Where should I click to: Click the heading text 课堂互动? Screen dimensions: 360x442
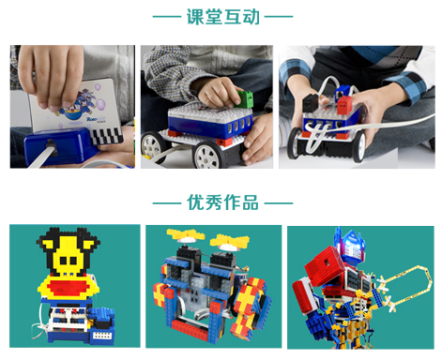(222, 16)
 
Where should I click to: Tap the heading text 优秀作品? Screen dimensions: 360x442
(222, 202)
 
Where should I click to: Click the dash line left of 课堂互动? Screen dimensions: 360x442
(166, 17)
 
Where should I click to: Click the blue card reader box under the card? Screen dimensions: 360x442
(65, 150)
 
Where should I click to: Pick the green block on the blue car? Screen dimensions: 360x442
(245, 97)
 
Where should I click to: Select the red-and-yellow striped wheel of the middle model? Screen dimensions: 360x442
(246, 305)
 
